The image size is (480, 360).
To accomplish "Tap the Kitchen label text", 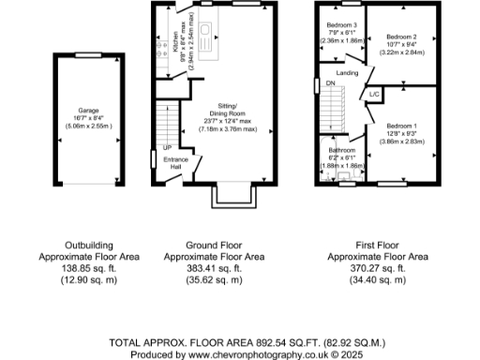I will [x=176, y=41].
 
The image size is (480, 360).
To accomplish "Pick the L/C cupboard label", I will [x=374, y=95].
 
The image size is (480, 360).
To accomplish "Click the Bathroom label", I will [x=341, y=149].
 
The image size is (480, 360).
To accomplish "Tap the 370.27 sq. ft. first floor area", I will [x=379, y=268].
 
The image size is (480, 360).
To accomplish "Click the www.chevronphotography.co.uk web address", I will [x=247, y=354].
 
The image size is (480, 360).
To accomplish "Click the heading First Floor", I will [x=379, y=244].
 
